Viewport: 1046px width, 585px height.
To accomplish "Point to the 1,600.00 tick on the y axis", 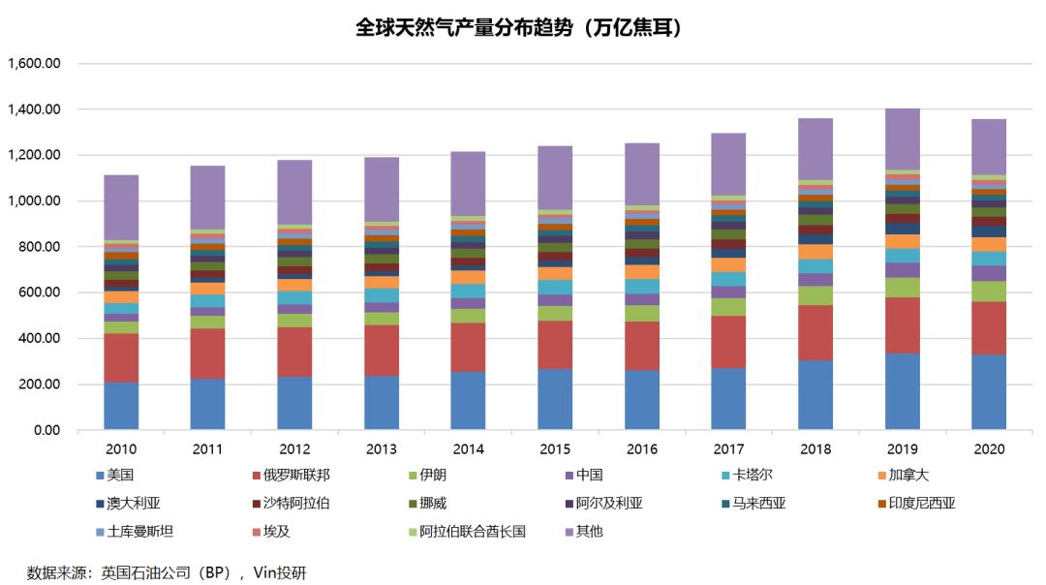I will pyautogui.click(x=35, y=64).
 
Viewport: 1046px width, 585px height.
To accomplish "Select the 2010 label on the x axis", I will pyautogui.click(x=121, y=449).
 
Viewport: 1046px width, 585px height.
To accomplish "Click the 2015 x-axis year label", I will pyautogui.click(x=554, y=449).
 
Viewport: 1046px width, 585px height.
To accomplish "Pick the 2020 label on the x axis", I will pyautogui.click(x=987, y=449).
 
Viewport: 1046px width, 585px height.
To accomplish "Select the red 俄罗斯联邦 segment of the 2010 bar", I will pyautogui.click(x=121, y=357).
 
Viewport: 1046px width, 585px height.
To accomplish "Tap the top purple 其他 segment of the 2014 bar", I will pyautogui.click(x=468, y=183).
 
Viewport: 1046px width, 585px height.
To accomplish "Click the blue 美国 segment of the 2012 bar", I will pyautogui.click(x=294, y=403).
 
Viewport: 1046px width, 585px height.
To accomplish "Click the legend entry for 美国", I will pyautogui.click(x=122, y=475).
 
